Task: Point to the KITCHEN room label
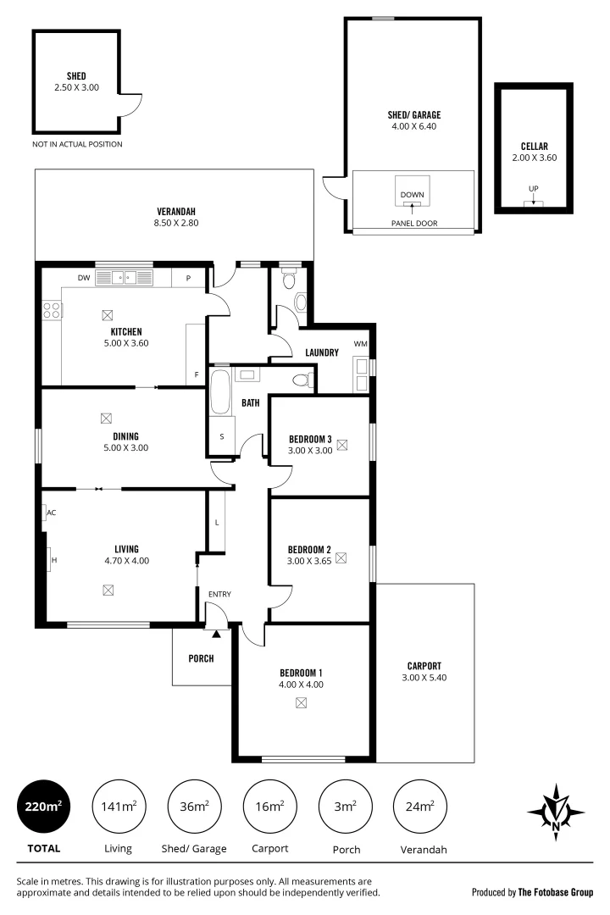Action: [125, 331]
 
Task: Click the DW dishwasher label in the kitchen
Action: [84, 277]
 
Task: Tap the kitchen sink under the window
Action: [125, 277]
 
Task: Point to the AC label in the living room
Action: [52, 513]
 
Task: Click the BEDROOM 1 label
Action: [301, 672]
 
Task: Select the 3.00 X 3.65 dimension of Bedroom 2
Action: [307, 560]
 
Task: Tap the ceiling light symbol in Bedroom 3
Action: [342, 444]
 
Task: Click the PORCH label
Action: [201, 658]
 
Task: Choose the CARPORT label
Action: [424, 665]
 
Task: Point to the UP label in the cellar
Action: [533, 189]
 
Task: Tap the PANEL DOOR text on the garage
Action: [414, 224]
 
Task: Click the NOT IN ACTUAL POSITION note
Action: [77, 144]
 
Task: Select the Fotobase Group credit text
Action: [533, 892]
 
